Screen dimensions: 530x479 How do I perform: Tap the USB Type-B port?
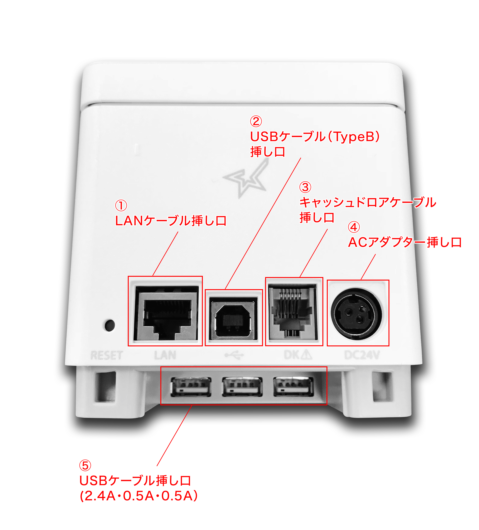(x=233, y=319)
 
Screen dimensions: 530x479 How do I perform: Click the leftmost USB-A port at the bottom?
(x=191, y=386)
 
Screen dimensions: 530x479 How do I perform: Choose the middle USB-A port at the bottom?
(x=242, y=386)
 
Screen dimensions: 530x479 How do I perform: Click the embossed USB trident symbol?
(x=234, y=355)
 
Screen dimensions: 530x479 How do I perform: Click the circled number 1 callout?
(x=121, y=205)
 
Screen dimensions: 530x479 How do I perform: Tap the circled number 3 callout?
(x=305, y=187)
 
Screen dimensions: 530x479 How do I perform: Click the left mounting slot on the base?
(x=105, y=386)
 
